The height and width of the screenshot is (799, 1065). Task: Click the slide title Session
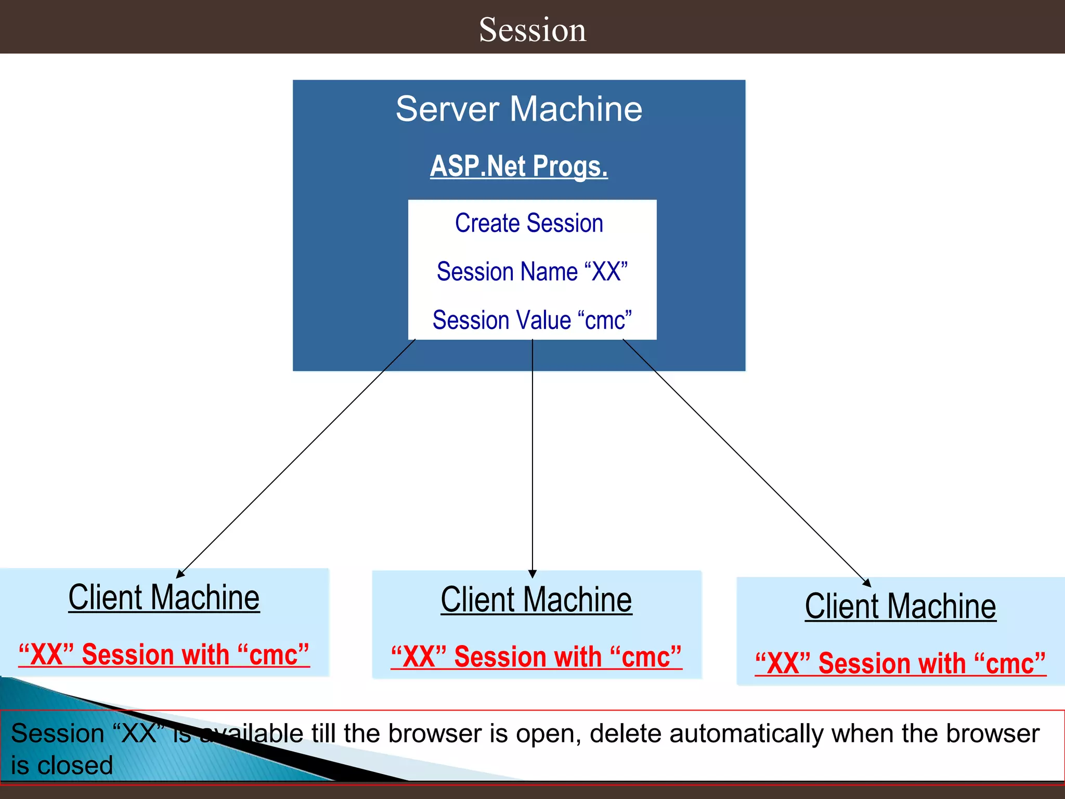pos(532,30)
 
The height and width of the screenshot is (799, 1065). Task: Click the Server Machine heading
pos(518,109)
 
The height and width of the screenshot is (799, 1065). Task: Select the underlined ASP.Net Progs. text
pos(518,166)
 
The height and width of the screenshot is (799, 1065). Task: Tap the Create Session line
pos(529,223)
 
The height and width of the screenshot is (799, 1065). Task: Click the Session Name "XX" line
pos(532,272)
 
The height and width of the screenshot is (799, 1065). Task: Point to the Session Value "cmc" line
pos(532,320)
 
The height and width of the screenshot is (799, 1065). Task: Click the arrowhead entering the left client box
pos(180,574)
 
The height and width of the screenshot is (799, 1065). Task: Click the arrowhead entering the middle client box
pos(532,574)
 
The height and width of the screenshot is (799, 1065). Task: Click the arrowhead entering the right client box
pos(866,583)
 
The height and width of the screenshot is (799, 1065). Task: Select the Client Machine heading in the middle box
pos(536,600)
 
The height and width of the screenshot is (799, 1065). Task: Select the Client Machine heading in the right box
pos(900,607)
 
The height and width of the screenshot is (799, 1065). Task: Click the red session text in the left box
pos(164,654)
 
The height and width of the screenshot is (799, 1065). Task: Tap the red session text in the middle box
pos(536,657)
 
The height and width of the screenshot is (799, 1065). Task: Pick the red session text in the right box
pos(900,664)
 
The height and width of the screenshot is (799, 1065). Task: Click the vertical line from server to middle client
pos(532,458)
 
